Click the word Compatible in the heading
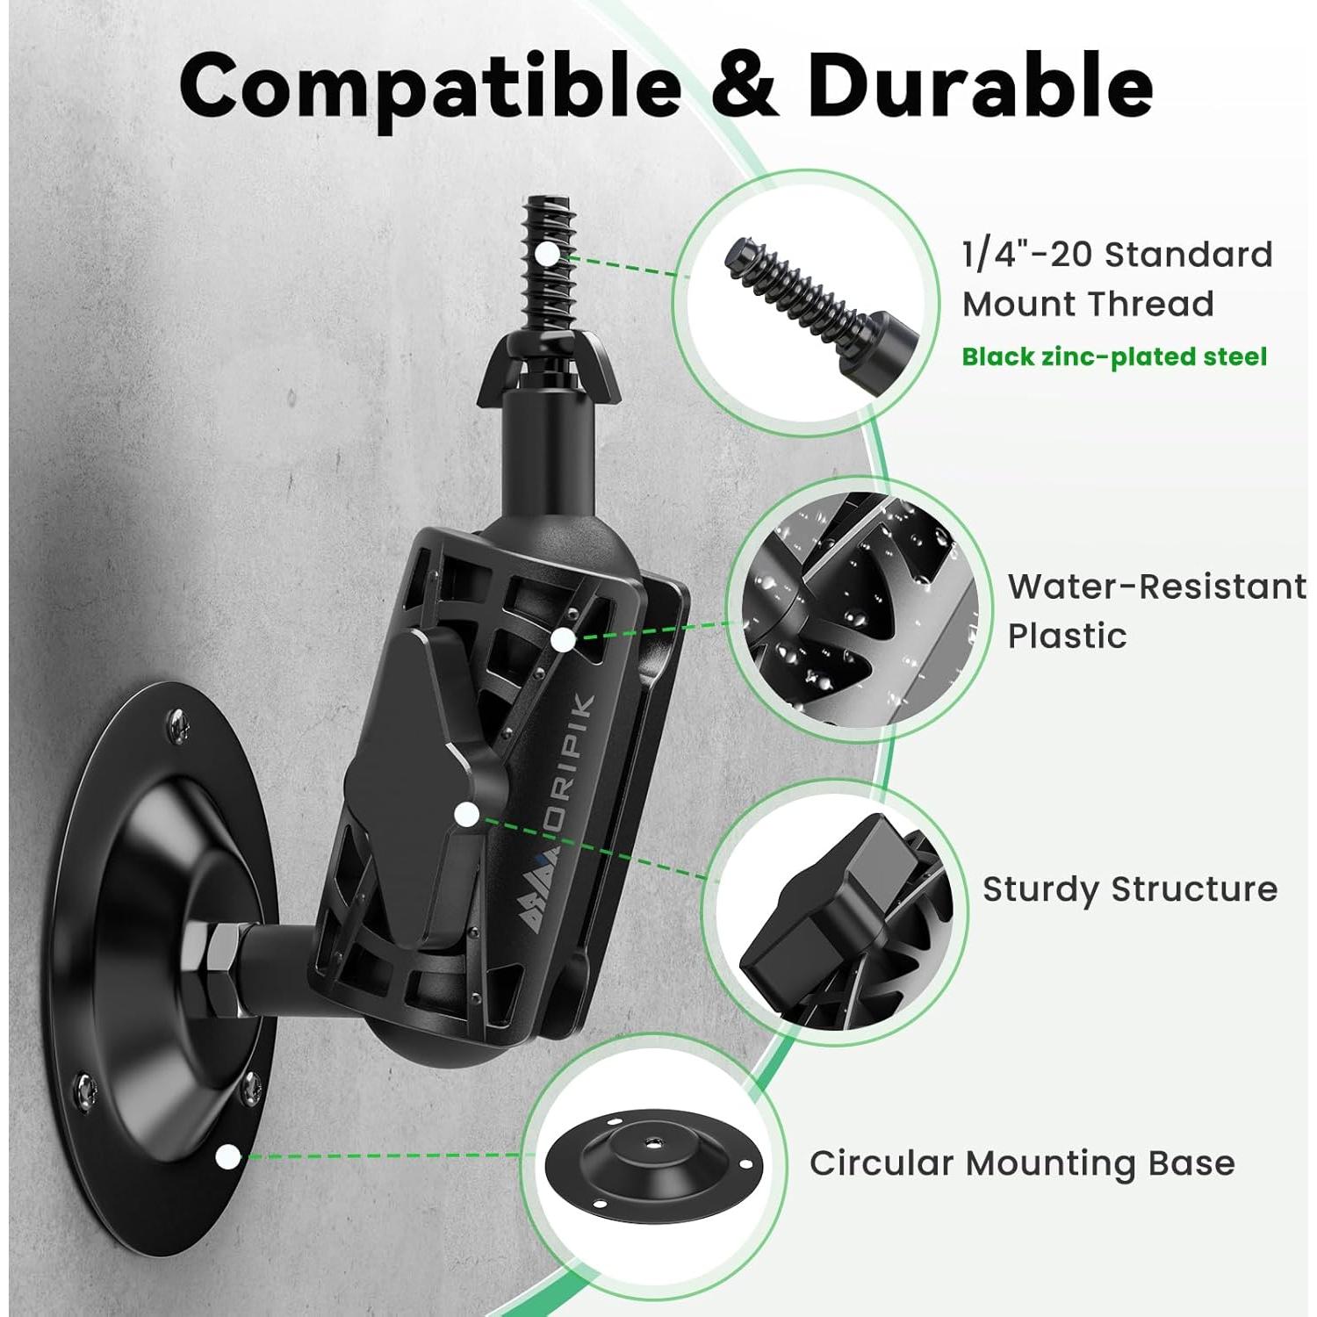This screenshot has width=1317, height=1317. (x=430, y=87)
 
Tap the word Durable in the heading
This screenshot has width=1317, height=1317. (x=979, y=85)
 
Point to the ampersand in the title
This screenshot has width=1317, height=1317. (x=743, y=87)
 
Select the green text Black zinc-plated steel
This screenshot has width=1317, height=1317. (x=1114, y=356)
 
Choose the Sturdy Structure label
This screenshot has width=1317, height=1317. (x=1129, y=889)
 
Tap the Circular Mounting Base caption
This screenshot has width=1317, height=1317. (x=1022, y=1162)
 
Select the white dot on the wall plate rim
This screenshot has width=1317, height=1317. (x=228, y=1156)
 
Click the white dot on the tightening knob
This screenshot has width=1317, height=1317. (x=467, y=815)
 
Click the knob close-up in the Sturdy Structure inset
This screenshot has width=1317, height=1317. (x=834, y=913)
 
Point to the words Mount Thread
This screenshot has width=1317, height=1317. (x=1088, y=304)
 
